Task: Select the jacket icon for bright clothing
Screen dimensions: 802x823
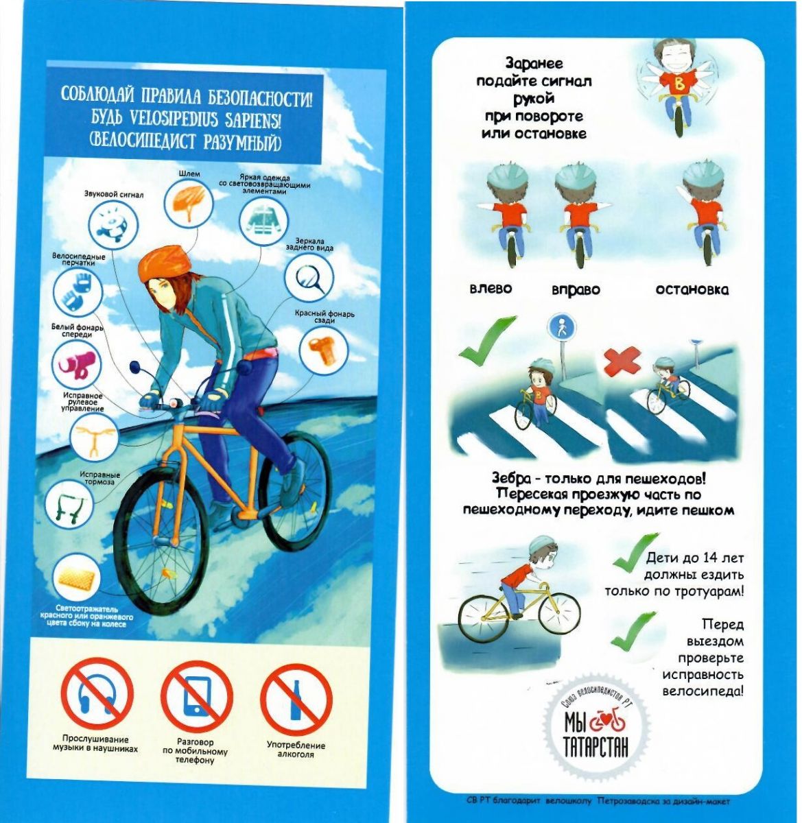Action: pyautogui.click(x=263, y=222)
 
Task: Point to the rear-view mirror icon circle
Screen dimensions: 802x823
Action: pyautogui.click(x=309, y=278)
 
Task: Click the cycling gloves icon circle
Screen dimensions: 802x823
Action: pyautogui.click(x=78, y=291)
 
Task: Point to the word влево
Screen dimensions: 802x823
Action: pyautogui.click(x=491, y=289)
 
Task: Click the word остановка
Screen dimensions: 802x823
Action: pyautogui.click(x=692, y=289)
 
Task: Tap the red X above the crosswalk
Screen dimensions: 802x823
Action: pyautogui.click(x=622, y=361)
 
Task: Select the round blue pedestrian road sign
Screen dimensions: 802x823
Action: pyautogui.click(x=561, y=328)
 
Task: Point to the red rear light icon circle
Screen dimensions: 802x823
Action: pyautogui.click(x=324, y=351)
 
